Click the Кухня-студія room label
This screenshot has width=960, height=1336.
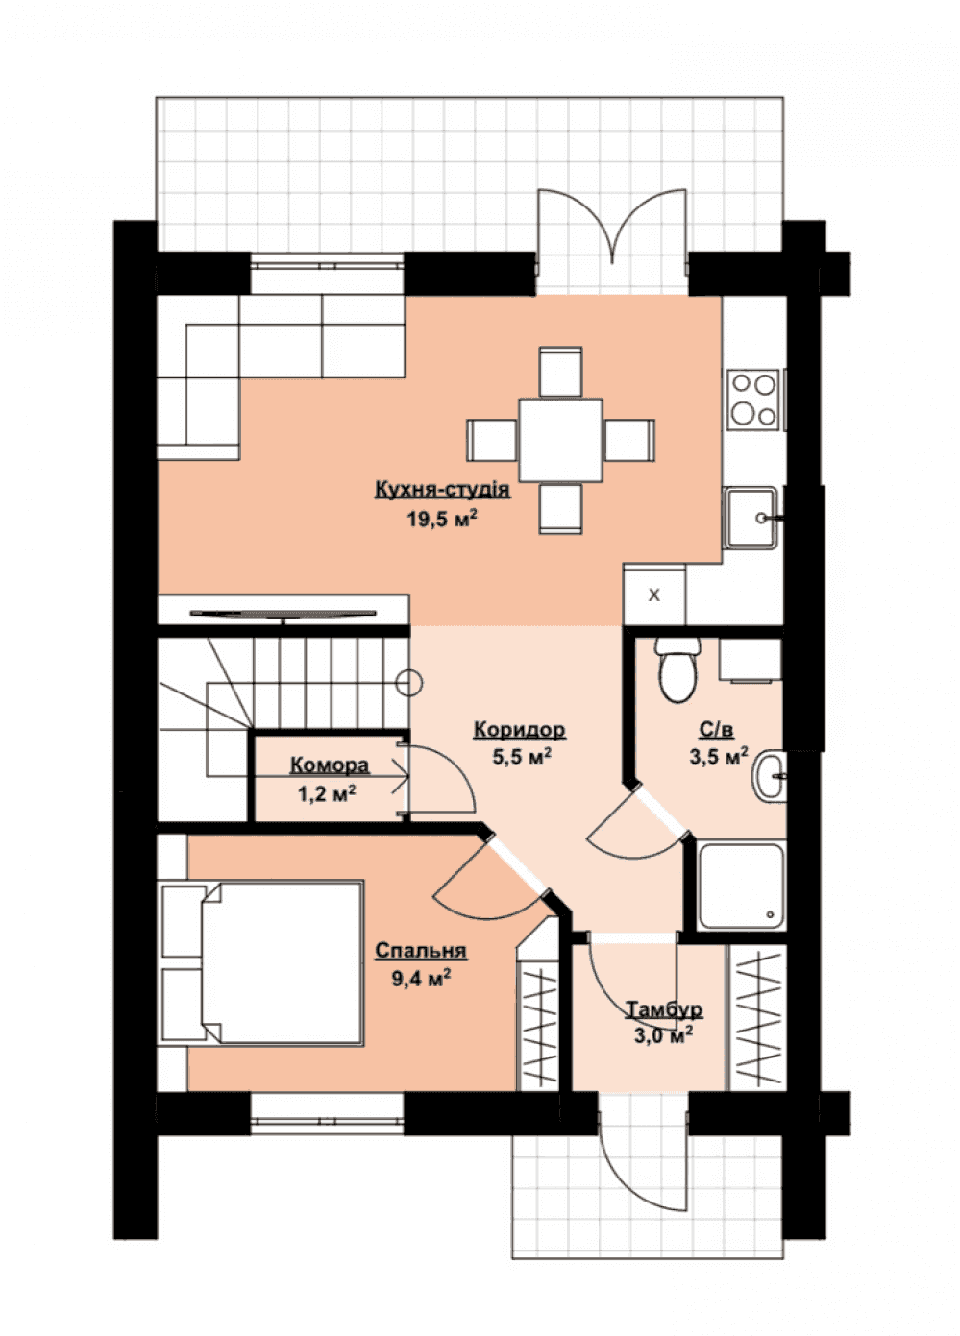point(442,489)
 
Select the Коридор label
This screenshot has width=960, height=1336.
point(519,729)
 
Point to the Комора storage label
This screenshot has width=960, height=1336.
point(330,765)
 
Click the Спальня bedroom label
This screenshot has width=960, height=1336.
point(421,950)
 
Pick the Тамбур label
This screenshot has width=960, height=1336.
point(663,1009)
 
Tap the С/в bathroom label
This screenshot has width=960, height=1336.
point(716,729)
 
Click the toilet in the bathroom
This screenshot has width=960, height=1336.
point(677,668)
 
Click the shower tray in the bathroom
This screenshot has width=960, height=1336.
point(742,886)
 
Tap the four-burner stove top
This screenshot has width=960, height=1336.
point(753,399)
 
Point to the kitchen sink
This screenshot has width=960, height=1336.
point(751,518)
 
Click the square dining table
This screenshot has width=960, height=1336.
point(560,440)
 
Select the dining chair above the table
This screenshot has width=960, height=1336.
point(560,371)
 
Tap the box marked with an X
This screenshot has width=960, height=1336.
point(654,594)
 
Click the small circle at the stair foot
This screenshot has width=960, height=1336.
point(410,682)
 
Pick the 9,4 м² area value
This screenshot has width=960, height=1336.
point(421,978)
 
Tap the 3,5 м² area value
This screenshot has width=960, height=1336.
point(719,757)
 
